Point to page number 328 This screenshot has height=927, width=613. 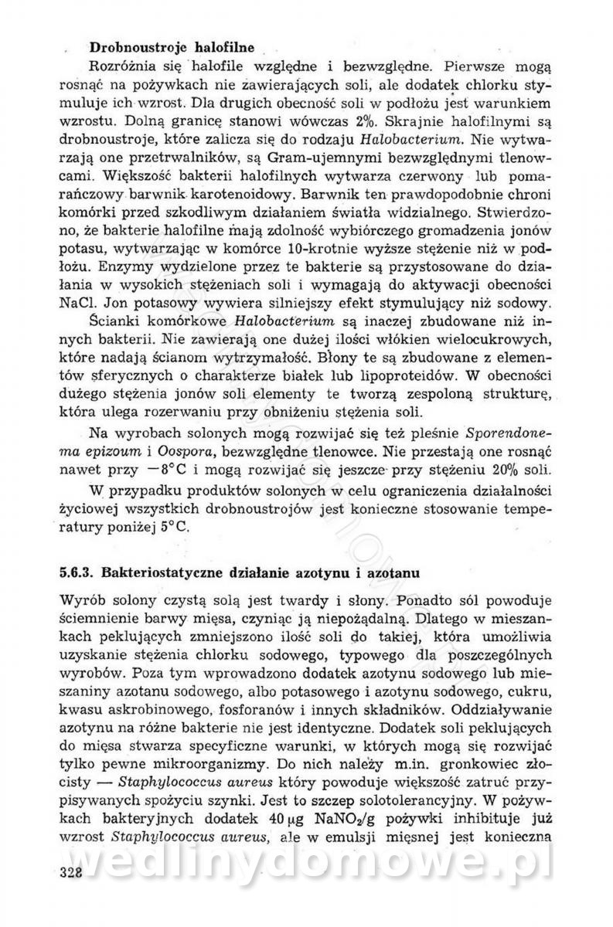click(x=70, y=894)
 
